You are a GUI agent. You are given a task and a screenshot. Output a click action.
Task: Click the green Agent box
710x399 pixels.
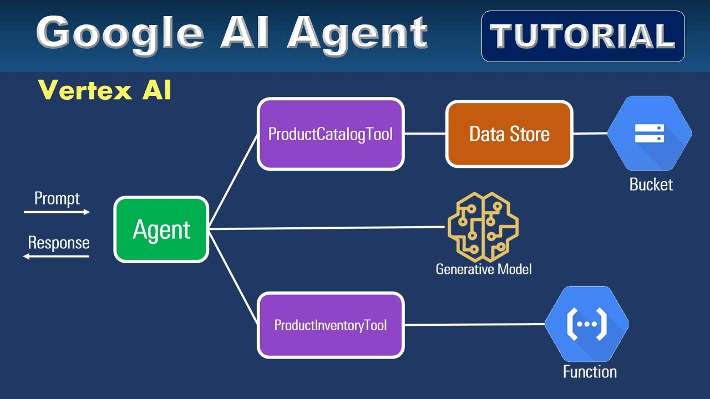click(161, 229)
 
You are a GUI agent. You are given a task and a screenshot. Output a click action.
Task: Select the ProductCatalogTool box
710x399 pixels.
click(331, 134)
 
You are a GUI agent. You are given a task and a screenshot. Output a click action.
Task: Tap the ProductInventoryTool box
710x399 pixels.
click(331, 325)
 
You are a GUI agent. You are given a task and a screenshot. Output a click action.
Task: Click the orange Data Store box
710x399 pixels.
click(509, 134)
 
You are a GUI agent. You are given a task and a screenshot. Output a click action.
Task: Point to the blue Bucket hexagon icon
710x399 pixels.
click(649, 134)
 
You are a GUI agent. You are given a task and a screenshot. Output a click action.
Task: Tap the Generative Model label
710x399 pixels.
click(483, 269)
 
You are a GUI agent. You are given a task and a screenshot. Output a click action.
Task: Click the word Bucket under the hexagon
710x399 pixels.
click(651, 185)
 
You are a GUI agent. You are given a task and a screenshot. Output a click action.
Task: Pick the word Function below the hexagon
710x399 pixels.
click(590, 371)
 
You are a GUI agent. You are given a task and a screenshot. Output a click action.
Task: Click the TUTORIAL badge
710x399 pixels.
click(583, 36)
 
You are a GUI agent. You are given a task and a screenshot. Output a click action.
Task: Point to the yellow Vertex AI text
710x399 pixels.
click(105, 90)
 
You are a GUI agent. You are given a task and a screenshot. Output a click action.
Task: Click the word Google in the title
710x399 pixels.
click(120, 33)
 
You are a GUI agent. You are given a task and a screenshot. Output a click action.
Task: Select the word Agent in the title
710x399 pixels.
click(357, 33)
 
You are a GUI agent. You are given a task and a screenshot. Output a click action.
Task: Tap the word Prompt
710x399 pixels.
click(57, 198)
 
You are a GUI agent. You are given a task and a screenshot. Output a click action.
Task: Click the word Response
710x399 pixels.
click(58, 243)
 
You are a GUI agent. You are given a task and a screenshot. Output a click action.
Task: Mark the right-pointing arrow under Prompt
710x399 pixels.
click(57, 212)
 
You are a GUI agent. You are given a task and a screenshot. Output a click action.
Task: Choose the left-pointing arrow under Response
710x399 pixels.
click(56, 256)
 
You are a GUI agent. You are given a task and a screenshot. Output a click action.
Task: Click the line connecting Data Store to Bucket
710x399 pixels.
click(590, 134)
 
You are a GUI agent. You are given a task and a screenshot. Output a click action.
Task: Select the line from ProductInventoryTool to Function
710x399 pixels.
click(474, 324)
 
